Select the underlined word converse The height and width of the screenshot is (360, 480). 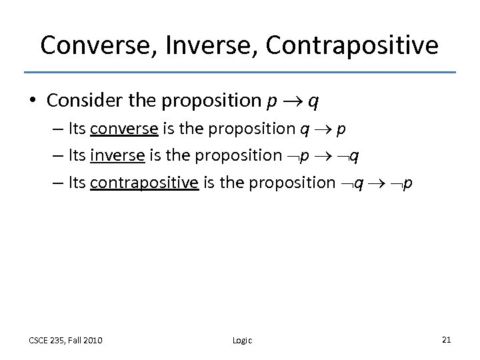[x=121, y=129]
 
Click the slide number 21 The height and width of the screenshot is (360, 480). [x=447, y=339]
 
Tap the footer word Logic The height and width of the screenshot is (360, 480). [x=243, y=340]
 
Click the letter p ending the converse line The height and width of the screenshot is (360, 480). [x=341, y=129]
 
